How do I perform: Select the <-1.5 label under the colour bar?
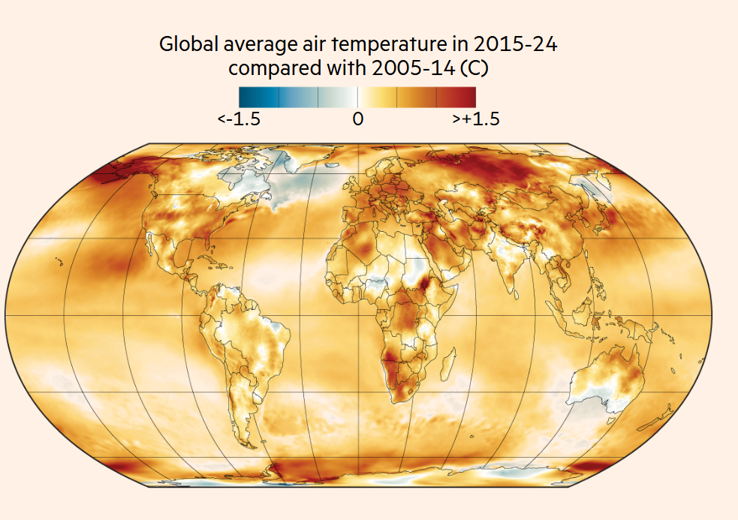tap(239, 119)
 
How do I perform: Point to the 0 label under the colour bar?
tap(357, 119)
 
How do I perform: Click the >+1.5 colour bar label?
tap(476, 119)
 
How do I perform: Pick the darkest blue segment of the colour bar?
tap(258, 97)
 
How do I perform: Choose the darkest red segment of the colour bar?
tap(456, 97)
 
